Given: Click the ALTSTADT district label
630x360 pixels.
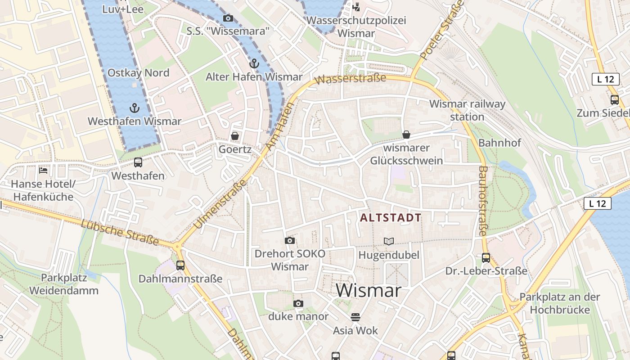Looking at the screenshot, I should [391, 218].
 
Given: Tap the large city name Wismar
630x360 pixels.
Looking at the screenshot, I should [369, 290].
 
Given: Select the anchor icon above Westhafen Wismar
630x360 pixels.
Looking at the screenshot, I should [134, 108].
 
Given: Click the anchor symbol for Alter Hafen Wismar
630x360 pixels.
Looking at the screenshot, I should [254, 63].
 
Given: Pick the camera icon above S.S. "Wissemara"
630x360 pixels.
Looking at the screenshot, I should [228, 18].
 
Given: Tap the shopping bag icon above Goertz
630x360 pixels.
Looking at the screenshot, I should [234, 135].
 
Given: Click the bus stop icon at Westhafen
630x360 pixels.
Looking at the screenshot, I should [138, 162].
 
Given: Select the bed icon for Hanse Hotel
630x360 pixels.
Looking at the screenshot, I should [43, 170].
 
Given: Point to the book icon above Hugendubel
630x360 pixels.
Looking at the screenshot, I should [389, 241].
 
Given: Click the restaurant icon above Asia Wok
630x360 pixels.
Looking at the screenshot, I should [355, 317].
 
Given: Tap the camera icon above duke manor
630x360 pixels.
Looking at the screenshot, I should [298, 303].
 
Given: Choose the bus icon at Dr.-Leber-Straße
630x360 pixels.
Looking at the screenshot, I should [486, 258].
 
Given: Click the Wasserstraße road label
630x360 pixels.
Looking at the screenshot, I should [351, 79].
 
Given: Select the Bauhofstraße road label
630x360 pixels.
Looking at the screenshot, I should [482, 201].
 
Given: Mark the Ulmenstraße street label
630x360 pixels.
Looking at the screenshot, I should [220, 204].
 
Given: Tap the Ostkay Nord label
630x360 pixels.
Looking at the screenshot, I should [138, 73].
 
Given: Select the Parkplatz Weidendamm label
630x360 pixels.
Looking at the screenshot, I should [64, 284].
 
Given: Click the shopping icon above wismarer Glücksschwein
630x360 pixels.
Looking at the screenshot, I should [406, 134].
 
